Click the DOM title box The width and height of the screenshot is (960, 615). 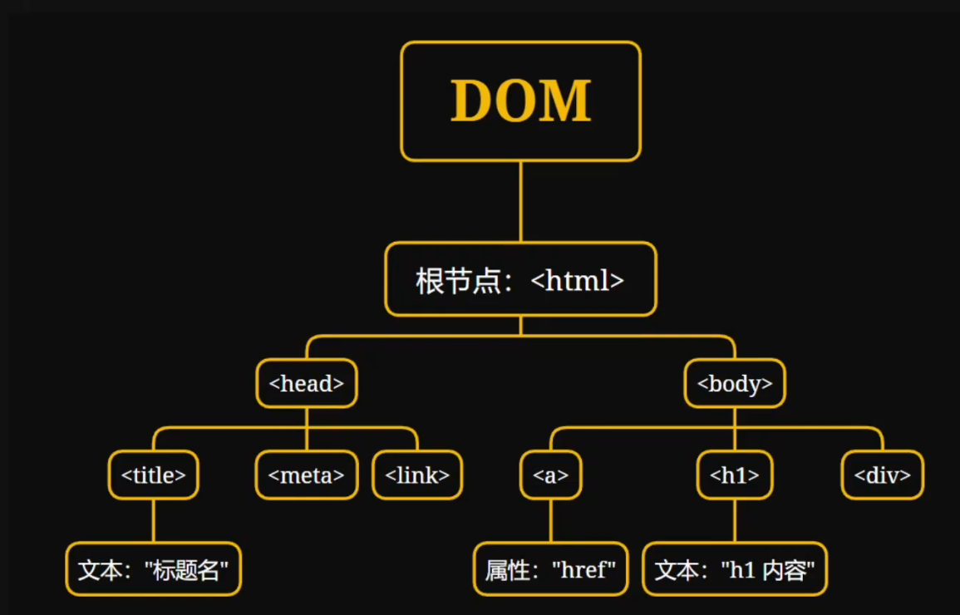[520, 101]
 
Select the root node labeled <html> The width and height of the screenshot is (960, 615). [520, 279]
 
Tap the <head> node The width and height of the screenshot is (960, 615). [306, 383]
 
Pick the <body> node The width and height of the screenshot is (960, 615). [735, 383]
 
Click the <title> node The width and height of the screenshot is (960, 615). [153, 475]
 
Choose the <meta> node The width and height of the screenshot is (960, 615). [306, 475]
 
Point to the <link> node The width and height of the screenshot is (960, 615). [417, 475]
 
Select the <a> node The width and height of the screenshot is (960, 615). [551, 475]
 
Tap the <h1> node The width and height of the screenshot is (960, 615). [735, 475]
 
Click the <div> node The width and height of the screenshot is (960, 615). [882, 475]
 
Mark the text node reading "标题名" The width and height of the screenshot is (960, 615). [153, 569]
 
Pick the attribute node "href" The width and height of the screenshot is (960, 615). [551, 569]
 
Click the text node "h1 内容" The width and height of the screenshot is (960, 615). [735, 569]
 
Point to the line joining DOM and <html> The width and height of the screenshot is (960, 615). [520, 201]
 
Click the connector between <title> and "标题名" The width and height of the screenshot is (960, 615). [153, 520]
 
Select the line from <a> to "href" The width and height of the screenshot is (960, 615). [551, 520]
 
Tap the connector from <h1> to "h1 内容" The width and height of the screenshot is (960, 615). [735, 520]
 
